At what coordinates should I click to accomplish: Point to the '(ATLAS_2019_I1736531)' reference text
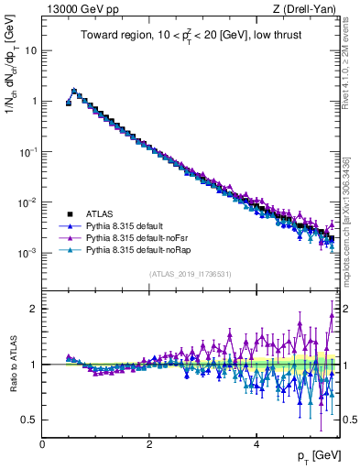click(191, 274)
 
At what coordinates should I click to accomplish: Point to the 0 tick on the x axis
click(42, 443)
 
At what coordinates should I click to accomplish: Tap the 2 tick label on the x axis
click(149, 443)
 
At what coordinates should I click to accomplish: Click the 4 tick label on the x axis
click(256, 443)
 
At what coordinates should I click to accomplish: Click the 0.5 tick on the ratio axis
click(29, 420)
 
